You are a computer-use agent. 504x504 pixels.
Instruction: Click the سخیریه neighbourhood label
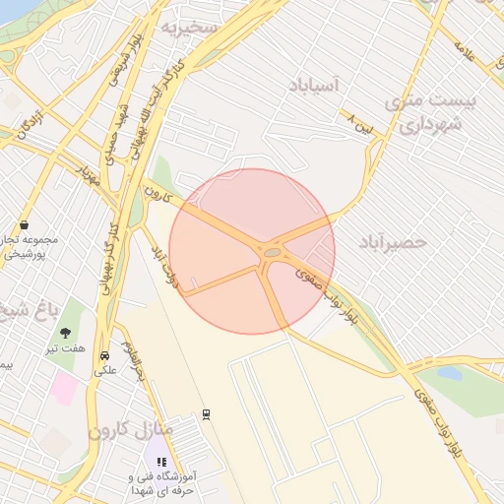[189, 27]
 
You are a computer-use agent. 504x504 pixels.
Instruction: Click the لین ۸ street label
[360, 123]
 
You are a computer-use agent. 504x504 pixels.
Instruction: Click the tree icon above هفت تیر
[66, 333]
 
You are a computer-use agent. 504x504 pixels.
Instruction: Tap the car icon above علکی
[105, 355]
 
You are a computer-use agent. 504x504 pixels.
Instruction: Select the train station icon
[206, 414]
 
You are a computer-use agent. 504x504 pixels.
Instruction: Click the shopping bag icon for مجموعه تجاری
[23, 224]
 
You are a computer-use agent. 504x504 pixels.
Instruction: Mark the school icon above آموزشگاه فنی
[161, 461]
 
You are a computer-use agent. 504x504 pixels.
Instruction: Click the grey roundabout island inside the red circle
[271, 253]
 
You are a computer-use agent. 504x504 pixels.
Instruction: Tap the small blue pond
[449, 374]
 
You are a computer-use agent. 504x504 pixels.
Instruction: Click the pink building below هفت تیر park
[65, 389]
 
